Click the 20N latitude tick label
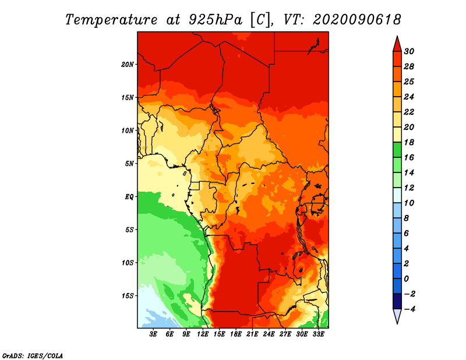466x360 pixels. pos(128,65)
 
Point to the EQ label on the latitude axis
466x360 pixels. pos(129,197)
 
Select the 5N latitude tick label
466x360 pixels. pos(129,164)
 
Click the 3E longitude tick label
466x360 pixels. pos(153,334)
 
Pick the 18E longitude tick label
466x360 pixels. pos(236,334)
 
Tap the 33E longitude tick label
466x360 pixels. pos(318,334)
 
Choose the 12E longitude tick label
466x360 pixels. pos(203,334)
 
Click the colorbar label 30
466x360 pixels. pos(409,51)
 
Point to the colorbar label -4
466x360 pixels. pos(409,309)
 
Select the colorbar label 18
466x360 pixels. pos(409,142)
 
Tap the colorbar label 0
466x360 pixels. pos(407,279)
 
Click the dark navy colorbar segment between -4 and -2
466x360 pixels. pos(397,301)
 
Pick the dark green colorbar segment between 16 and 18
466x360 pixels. pos(397,150)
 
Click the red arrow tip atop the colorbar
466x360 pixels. pos(397,36)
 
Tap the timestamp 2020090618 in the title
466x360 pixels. pos(357,20)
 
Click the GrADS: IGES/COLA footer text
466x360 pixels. pos(33,356)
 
